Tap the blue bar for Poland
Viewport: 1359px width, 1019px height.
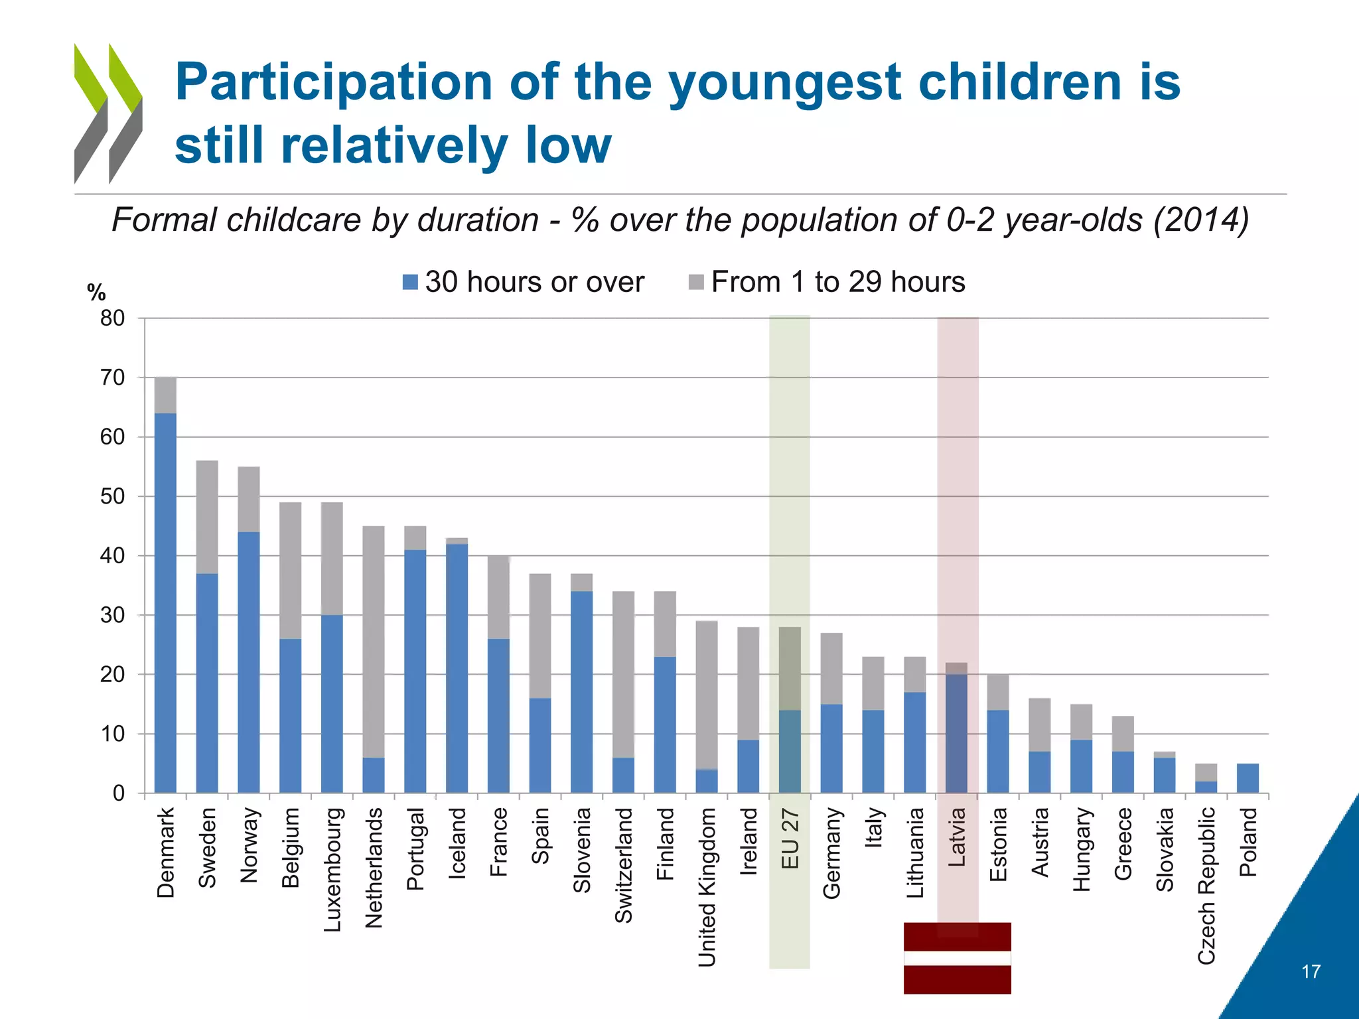point(1248,778)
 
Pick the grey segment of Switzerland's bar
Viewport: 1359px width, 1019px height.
point(623,674)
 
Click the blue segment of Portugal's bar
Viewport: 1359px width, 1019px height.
point(415,671)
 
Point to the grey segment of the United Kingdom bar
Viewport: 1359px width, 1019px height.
point(707,695)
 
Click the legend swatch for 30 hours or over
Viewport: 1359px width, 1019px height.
point(410,282)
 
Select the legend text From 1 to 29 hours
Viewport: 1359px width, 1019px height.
point(837,282)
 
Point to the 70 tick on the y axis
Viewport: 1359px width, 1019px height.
point(112,377)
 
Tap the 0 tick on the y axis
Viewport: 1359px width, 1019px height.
point(118,793)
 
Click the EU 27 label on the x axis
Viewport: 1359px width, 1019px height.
point(790,839)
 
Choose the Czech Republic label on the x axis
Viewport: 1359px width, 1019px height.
point(1206,885)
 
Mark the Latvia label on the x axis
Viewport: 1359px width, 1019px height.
point(956,837)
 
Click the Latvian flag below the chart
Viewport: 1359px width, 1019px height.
point(957,957)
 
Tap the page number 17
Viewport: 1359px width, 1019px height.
point(1311,972)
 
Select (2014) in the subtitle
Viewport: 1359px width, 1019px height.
point(1201,220)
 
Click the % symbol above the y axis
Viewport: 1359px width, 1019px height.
point(96,292)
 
